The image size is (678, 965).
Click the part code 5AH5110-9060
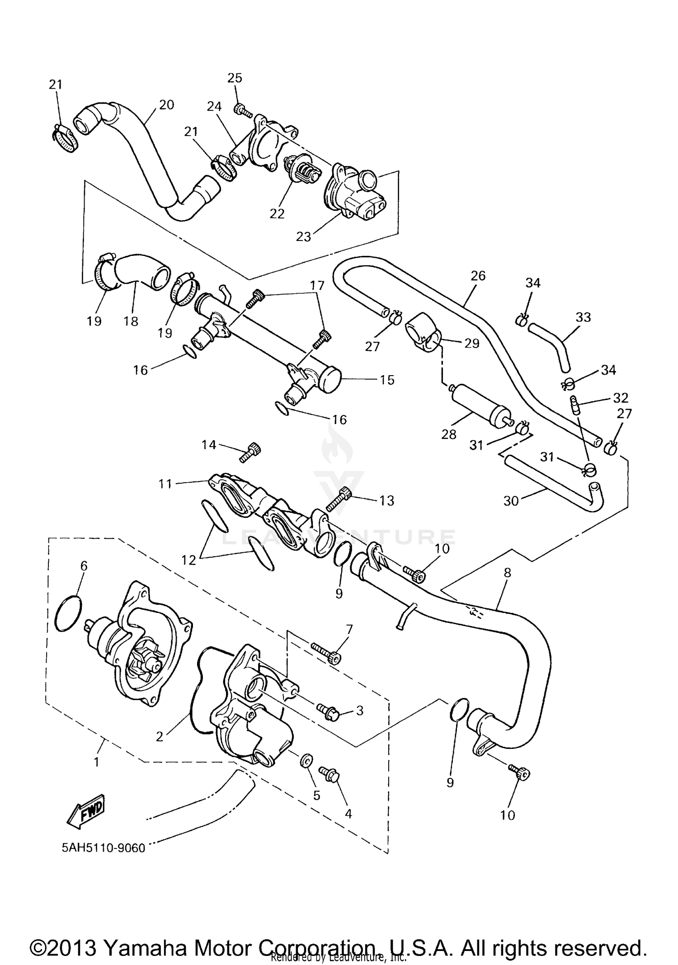tap(104, 847)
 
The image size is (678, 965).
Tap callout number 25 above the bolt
tap(235, 78)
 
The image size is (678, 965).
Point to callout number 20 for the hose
tap(166, 104)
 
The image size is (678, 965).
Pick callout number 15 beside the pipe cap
tap(387, 380)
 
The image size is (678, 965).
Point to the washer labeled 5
tap(305, 761)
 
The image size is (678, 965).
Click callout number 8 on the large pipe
tap(507, 573)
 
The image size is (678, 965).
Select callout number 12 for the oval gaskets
tap(188, 560)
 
